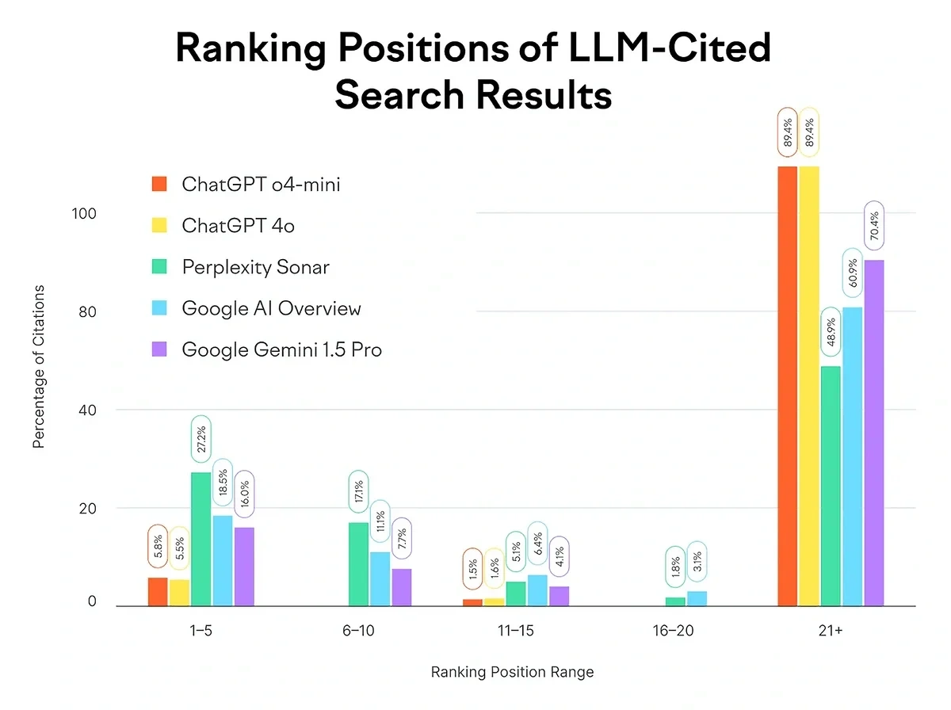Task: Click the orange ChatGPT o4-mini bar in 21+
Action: click(787, 386)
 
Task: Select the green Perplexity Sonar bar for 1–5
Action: click(201, 539)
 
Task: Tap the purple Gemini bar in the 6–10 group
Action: click(402, 587)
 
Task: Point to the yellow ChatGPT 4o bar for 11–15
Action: click(494, 602)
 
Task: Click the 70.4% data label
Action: click(874, 226)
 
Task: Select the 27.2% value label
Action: click(201, 439)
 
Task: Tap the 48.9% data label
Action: click(831, 332)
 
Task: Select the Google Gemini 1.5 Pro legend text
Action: click(281, 349)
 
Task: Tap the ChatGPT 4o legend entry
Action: click(238, 226)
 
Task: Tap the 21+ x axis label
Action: click(831, 632)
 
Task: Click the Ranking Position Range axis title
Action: click(512, 673)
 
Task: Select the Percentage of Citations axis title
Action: click(39, 366)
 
